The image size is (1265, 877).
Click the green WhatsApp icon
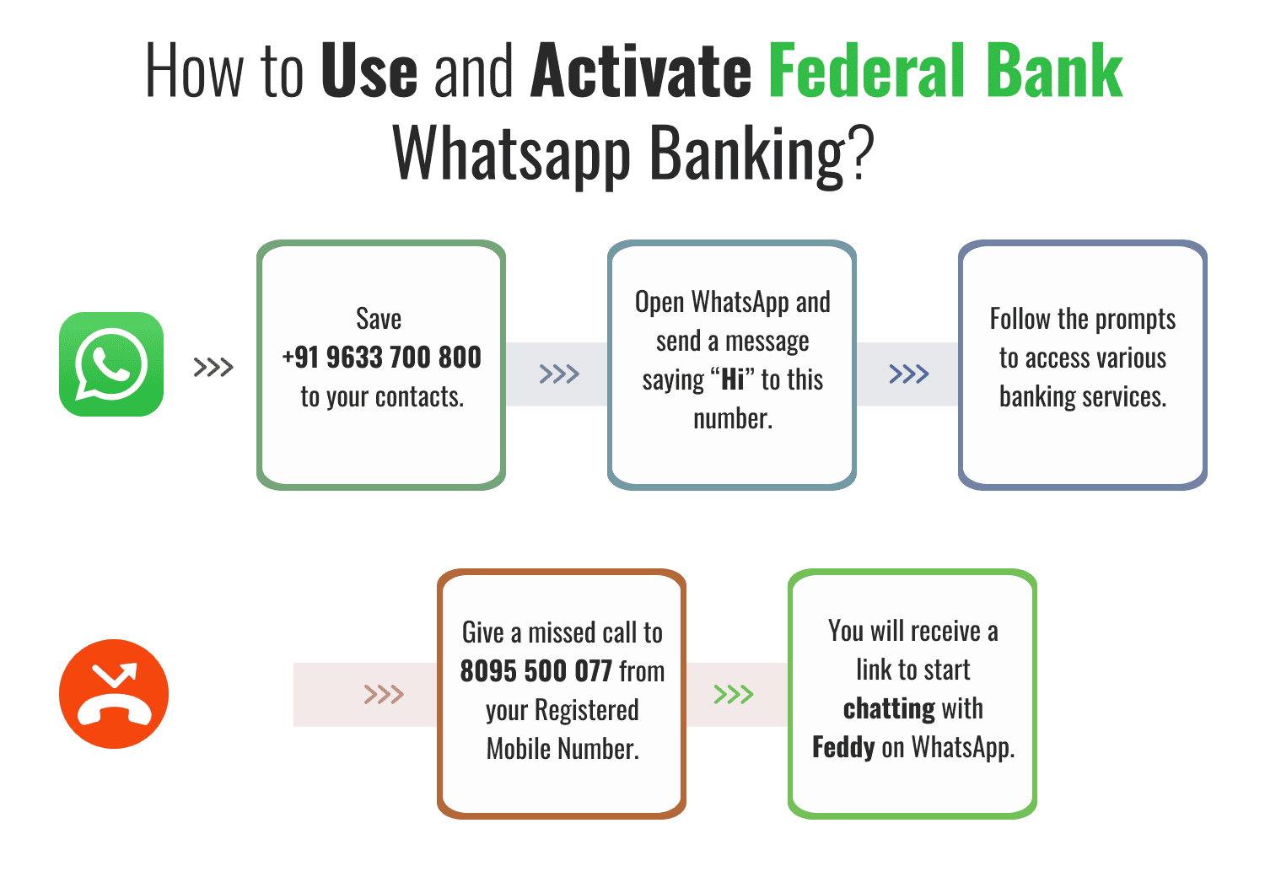(x=111, y=364)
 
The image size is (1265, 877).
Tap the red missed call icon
(x=114, y=694)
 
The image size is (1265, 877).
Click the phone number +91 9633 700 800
(x=381, y=358)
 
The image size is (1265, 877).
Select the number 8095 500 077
(x=536, y=671)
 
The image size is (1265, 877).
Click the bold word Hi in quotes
(x=733, y=380)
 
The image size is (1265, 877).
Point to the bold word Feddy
(x=843, y=747)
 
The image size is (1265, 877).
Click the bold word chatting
(x=889, y=708)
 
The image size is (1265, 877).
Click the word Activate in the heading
(x=641, y=71)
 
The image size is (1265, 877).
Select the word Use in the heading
(x=369, y=71)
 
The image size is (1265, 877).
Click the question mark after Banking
(x=860, y=153)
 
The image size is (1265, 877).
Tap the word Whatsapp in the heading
(x=512, y=155)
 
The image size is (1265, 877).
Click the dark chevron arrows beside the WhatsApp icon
(x=213, y=368)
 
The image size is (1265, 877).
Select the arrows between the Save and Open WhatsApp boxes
(x=559, y=374)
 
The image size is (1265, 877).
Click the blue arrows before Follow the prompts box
(x=909, y=374)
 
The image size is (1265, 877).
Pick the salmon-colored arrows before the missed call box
(x=384, y=694)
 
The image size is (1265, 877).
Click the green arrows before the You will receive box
(x=734, y=694)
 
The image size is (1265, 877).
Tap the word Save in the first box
(x=379, y=319)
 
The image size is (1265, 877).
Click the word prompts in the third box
(x=1134, y=320)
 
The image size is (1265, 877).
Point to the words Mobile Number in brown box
(x=563, y=749)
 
